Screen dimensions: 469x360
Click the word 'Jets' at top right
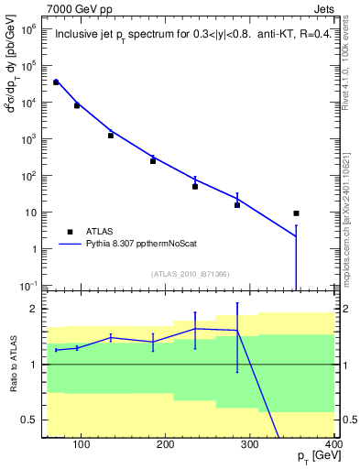click(325, 9)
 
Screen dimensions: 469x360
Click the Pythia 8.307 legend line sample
click(70, 245)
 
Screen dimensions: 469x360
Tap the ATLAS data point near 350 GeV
click(296, 213)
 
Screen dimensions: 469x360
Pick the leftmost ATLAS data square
click(56, 82)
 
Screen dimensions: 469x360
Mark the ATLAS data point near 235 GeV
click(195, 186)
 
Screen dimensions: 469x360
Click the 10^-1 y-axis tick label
click(27, 286)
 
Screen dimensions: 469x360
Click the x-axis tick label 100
click(82, 445)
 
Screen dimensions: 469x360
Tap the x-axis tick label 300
click(249, 445)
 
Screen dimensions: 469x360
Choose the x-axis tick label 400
click(333, 445)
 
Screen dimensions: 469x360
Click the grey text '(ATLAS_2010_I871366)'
click(191, 274)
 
